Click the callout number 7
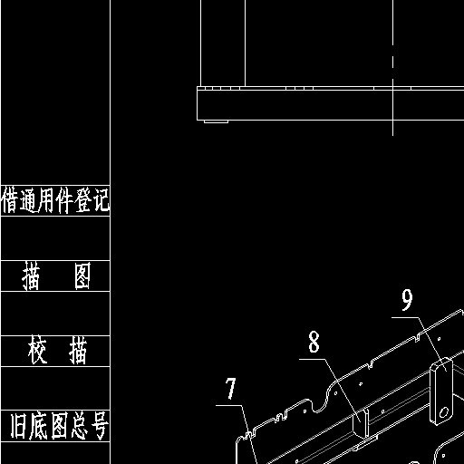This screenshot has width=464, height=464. click(230, 388)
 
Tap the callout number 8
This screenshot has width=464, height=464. click(314, 342)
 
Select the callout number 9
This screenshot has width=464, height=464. click(407, 300)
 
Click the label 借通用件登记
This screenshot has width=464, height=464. click(55, 200)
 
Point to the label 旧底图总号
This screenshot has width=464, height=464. click(60, 426)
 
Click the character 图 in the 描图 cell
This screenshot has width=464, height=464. click(82, 276)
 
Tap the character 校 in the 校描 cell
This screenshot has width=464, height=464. click(37, 351)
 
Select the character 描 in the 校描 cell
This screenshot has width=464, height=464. click(78, 351)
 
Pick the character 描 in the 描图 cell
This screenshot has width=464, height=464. click(31, 276)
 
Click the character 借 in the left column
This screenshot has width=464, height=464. click(8, 200)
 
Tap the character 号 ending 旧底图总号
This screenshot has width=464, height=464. click(100, 426)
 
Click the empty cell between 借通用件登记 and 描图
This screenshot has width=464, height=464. click(55, 238)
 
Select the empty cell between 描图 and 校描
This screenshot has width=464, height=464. click(55, 314)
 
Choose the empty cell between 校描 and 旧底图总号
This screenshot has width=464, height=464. click(55, 388)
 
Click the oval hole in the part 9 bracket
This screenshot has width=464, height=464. click(444, 412)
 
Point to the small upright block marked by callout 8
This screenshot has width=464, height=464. click(361, 423)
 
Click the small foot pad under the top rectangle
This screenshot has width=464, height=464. click(216, 121)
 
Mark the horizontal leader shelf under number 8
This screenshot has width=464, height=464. click(312, 359)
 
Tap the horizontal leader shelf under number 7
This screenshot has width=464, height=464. click(228, 405)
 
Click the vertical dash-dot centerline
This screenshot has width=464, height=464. click(393, 68)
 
